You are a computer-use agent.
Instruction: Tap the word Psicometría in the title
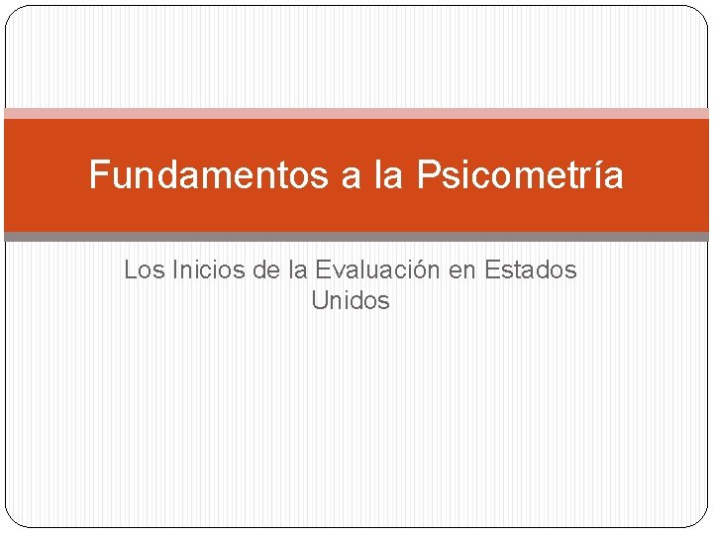click(x=520, y=175)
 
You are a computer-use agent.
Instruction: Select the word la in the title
click(x=388, y=175)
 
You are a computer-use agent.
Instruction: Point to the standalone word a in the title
click(x=351, y=177)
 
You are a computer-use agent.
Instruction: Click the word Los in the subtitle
click(x=141, y=269)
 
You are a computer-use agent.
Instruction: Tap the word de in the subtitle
click(x=265, y=269)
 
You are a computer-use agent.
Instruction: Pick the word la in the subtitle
click(x=298, y=269)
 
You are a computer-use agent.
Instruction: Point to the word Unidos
click(x=351, y=300)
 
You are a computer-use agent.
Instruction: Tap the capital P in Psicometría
click(x=426, y=175)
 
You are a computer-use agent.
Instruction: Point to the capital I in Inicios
click(x=174, y=269)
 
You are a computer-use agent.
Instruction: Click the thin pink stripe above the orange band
click(x=356, y=114)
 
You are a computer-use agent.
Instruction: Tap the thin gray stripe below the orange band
click(x=356, y=237)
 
